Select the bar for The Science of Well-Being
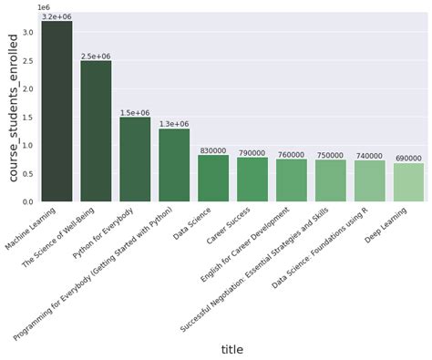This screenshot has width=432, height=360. [96, 131]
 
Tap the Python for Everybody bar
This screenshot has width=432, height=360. [135, 159]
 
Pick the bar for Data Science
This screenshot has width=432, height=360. [213, 179]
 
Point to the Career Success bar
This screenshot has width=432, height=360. [252, 180]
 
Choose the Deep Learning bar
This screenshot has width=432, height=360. [409, 182]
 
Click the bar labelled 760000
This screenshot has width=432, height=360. [292, 180]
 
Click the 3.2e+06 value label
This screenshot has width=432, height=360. [57, 16]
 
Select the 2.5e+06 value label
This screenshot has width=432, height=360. [96, 57]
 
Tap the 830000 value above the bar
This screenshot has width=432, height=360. [213, 151]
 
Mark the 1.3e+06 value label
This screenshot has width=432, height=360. [174, 124]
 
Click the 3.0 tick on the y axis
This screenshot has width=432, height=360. [28, 33]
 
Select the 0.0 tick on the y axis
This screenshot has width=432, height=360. [28, 201]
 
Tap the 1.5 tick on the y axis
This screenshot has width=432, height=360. [28, 118]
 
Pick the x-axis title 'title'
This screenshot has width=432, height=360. [232, 350]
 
